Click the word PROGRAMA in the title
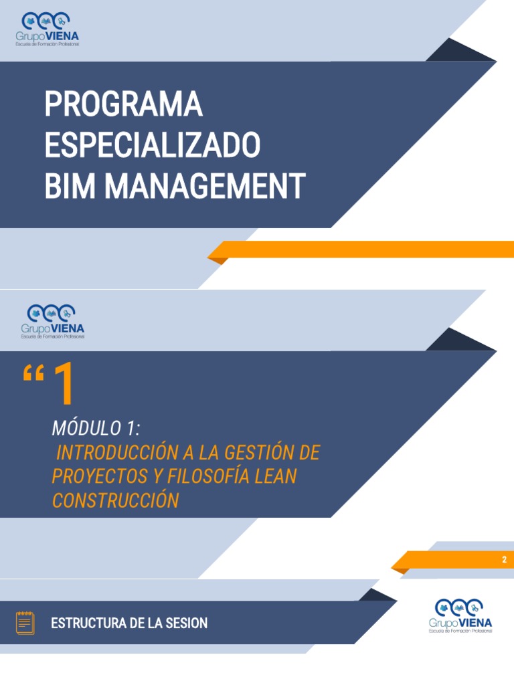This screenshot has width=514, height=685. click(x=124, y=104)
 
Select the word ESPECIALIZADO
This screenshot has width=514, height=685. click(x=153, y=145)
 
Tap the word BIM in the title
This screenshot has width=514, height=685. click(x=70, y=186)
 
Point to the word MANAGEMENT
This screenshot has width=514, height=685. click(x=205, y=186)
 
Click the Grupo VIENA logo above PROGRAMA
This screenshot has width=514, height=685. click(x=48, y=29)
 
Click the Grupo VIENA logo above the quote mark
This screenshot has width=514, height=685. click(x=52, y=322)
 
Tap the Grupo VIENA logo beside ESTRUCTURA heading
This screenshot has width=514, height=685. click(x=460, y=616)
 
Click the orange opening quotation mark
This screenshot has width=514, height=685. click(x=33, y=374)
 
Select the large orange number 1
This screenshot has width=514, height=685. click(x=64, y=383)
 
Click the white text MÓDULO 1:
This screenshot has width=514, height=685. click(x=96, y=428)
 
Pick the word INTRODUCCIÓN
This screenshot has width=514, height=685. click(x=117, y=452)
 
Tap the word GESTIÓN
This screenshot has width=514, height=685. click(x=259, y=452)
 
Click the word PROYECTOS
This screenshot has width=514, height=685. click(x=100, y=476)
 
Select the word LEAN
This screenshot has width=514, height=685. click(x=276, y=476)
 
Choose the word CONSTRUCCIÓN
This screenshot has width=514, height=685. click(x=116, y=500)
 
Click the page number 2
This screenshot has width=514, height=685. click(x=505, y=560)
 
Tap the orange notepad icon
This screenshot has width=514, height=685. click(x=25, y=623)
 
